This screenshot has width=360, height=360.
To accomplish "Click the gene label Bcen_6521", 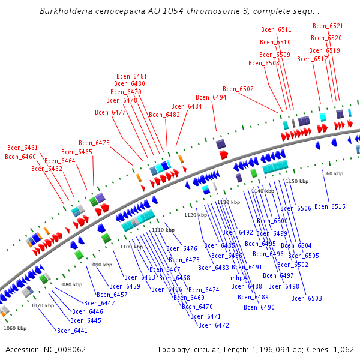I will (x=328, y=26).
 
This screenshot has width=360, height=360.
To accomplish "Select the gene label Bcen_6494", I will (x=211, y=97).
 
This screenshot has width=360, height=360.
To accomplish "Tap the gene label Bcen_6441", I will (x=72, y=331).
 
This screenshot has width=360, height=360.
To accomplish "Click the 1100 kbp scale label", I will (x=131, y=247).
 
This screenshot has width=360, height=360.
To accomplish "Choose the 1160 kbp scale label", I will (x=332, y=173).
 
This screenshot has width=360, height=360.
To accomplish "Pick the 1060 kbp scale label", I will (x=15, y=328).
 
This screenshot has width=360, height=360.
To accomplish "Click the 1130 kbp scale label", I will (x=229, y=202).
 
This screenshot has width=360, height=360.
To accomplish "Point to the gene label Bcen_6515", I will (x=330, y=206).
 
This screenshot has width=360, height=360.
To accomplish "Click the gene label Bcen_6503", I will (x=307, y=298).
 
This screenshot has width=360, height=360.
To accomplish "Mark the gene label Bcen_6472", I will (x=214, y=325).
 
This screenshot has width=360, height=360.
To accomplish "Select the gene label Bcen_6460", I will (x=20, y=157).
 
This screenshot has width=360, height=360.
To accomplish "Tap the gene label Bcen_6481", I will (x=131, y=76).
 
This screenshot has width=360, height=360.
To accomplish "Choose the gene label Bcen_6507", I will (x=238, y=89).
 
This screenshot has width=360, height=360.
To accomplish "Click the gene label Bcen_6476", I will (x=182, y=248).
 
